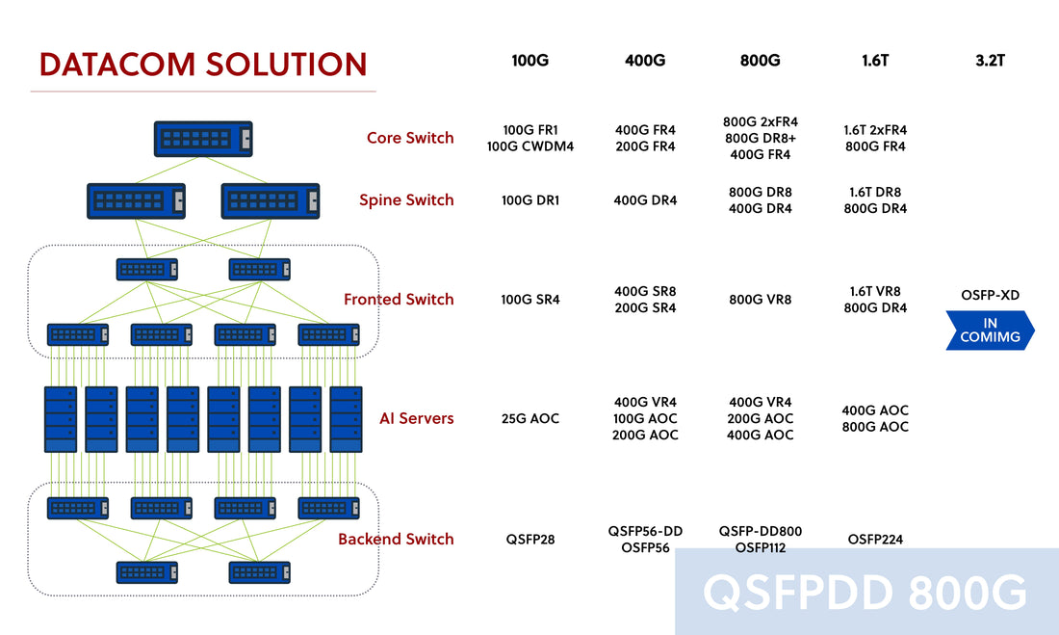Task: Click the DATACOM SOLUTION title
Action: (203, 65)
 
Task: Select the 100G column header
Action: (530, 61)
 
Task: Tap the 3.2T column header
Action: (989, 61)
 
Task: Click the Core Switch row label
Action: (410, 138)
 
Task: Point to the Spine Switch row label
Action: (406, 200)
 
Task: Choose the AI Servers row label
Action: (416, 418)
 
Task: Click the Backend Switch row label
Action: (396, 539)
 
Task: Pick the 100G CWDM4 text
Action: (530, 146)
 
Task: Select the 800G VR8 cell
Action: (760, 300)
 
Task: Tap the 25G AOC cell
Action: (530, 418)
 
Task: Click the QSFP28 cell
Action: (530, 540)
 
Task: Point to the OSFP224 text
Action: (875, 540)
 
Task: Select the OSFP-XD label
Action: (990, 295)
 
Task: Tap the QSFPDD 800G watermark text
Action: (865, 592)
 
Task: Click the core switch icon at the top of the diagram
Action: (203, 139)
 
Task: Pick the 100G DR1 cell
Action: (530, 200)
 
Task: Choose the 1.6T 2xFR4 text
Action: (875, 130)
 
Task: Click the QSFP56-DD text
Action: (645, 531)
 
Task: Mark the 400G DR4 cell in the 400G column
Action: (645, 200)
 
